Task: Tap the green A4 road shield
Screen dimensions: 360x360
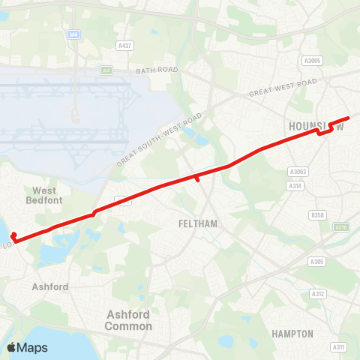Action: pyautogui.click(x=106, y=70)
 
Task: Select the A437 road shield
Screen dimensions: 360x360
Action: pyautogui.click(x=124, y=46)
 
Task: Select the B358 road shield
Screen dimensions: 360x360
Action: pyautogui.click(x=318, y=215)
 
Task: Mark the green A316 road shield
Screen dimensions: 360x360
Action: pyautogui.click(x=342, y=226)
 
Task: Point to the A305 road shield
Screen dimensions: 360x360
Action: pyautogui.click(x=317, y=262)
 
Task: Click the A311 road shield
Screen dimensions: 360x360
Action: pyautogui.click(x=339, y=346)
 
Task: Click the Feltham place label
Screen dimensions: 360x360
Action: pyautogui.click(x=197, y=223)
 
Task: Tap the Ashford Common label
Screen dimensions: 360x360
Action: pyautogui.click(x=129, y=320)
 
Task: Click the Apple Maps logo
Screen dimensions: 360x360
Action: pyautogui.click(x=27, y=347)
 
